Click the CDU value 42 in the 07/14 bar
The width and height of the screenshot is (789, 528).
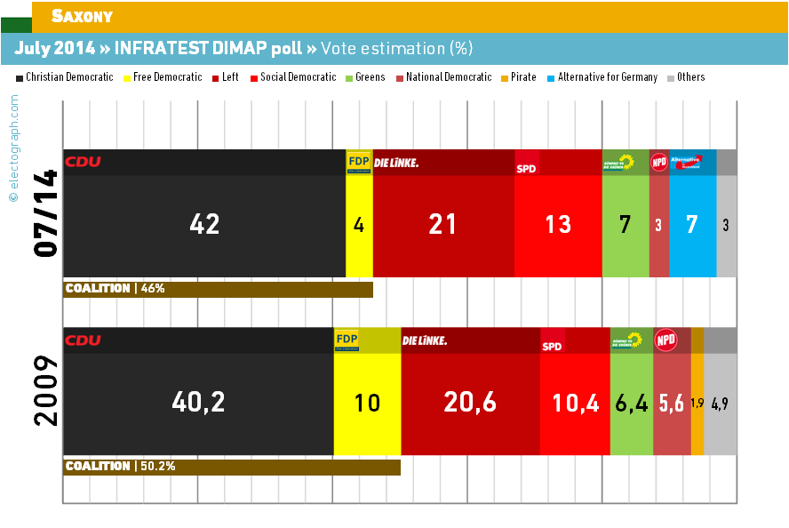[204, 225]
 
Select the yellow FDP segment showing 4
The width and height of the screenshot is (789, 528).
[359, 225]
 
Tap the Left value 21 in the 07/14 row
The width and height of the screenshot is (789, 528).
[442, 225]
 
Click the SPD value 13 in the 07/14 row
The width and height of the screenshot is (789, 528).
[558, 225]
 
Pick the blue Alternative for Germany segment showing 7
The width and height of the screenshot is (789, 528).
[692, 225]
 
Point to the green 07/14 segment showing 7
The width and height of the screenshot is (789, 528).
[626, 225]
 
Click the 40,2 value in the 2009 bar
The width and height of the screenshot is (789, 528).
[198, 403]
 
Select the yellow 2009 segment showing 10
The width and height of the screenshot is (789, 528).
[367, 403]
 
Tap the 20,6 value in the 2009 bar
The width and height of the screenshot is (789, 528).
[469, 403]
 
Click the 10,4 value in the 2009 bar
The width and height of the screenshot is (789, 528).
[575, 403]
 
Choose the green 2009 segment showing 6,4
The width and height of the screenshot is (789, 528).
[632, 403]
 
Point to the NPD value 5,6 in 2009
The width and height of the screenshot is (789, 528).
[672, 403]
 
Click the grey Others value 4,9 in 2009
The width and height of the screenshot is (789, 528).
[720, 403]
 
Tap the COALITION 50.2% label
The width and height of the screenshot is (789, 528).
[120, 467]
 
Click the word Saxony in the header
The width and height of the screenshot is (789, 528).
[82, 16]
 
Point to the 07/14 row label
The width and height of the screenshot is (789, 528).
[45, 213]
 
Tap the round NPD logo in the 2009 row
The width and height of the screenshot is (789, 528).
[665, 340]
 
